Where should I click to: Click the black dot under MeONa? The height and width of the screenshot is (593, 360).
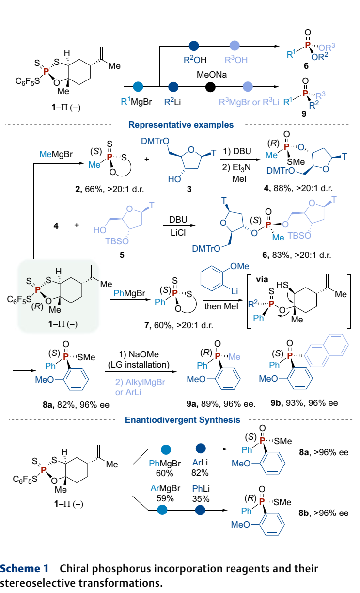click(210, 87)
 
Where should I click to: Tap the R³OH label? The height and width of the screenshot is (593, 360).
click(235, 61)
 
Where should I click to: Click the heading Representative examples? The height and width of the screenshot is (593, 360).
click(181, 125)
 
